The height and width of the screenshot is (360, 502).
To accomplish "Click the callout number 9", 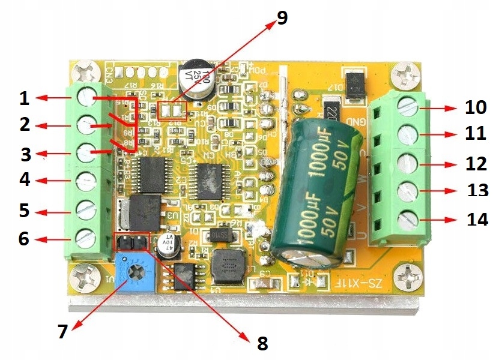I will pos(282,17).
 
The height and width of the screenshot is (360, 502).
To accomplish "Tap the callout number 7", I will pos(63,332).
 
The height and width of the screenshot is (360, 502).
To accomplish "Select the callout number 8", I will pos(262,343).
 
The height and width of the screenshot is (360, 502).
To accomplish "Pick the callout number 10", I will pos(476,108).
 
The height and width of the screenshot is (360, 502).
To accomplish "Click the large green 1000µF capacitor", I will pos(315,187).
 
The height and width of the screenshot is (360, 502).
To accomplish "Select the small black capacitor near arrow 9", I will pos(198,79).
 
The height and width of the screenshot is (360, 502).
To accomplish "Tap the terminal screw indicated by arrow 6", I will pos(86,235).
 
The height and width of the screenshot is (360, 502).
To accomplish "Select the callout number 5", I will pos(23,211).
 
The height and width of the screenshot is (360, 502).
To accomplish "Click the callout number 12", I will pos(475,163).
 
